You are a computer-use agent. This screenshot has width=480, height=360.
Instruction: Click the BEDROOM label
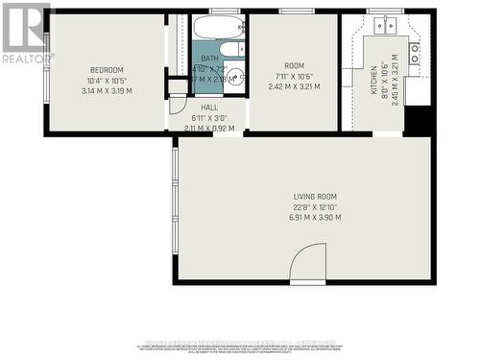coord(107,70)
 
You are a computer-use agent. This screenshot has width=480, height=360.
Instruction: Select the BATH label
coord(209,59)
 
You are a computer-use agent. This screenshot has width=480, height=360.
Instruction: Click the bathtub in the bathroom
coord(221,29)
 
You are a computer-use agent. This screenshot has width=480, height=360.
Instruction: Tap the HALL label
coord(208,108)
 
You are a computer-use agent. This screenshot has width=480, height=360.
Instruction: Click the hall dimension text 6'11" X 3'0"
coord(208,117)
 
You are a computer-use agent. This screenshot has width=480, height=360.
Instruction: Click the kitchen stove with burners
coord(415,54)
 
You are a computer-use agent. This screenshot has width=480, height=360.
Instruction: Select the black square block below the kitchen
coord(418,120)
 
